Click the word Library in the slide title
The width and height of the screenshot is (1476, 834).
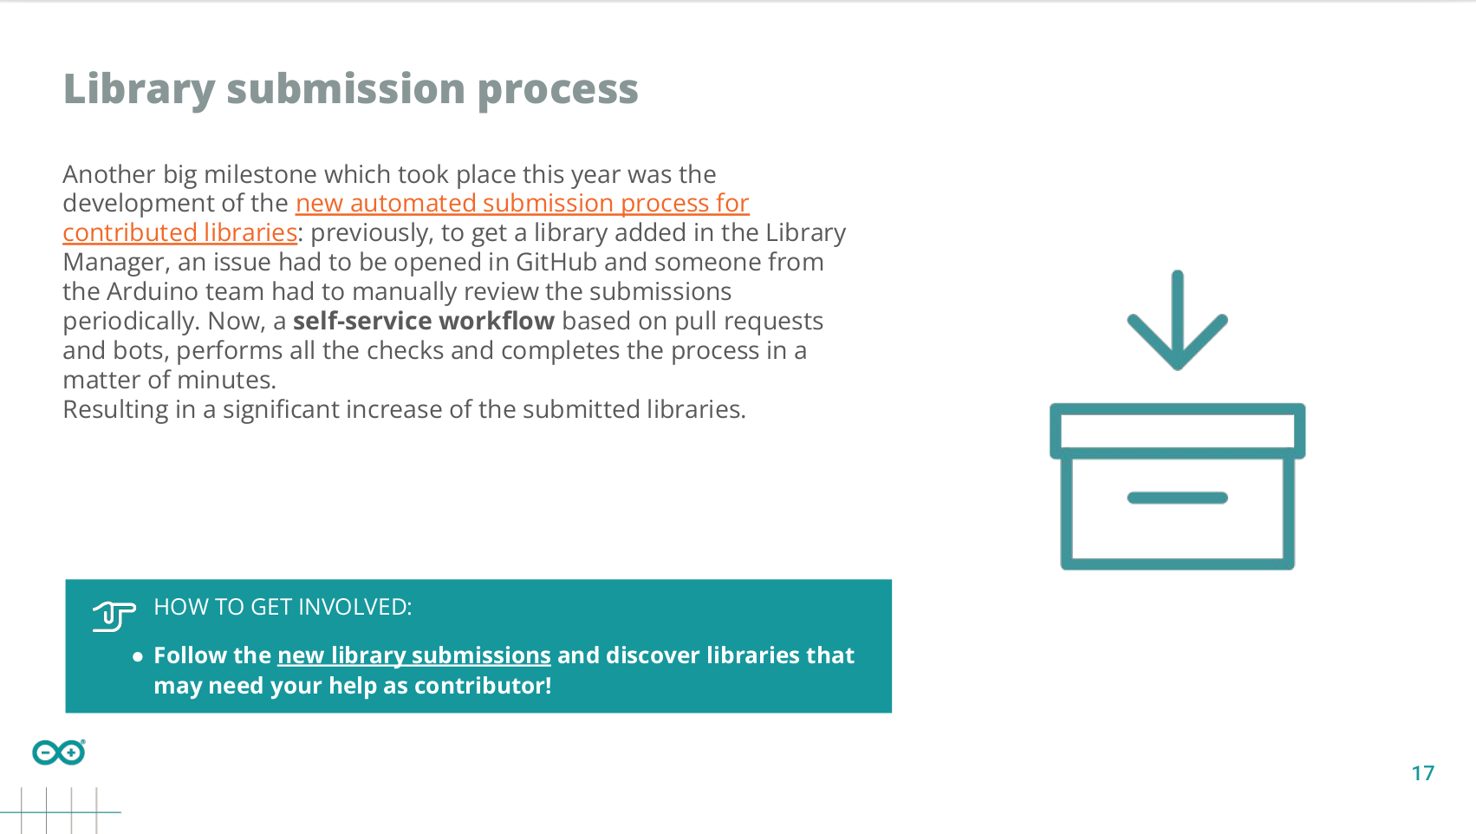pyautogui.click(x=139, y=89)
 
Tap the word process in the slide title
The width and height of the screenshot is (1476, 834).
pyautogui.click(x=557, y=90)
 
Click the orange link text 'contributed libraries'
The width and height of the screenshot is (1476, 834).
pyautogui.click(x=180, y=232)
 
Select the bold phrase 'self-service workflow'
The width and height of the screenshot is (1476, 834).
pyautogui.click(x=424, y=321)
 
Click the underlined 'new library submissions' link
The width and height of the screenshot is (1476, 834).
pyautogui.click(x=413, y=655)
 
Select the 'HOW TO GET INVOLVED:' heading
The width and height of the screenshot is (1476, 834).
pyautogui.click(x=283, y=607)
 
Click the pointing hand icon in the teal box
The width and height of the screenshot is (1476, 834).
pyautogui.click(x=114, y=616)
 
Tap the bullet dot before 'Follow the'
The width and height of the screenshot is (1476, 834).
pyautogui.click(x=138, y=656)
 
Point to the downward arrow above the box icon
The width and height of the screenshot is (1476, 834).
pyautogui.click(x=1178, y=320)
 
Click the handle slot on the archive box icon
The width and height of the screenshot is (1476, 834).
pyautogui.click(x=1178, y=498)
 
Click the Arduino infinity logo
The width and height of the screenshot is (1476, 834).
pyautogui.click(x=59, y=753)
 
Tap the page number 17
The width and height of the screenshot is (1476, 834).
pyautogui.click(x=1423, y=773)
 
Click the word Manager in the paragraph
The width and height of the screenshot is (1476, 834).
pyautogui.click(x=113, y=263)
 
